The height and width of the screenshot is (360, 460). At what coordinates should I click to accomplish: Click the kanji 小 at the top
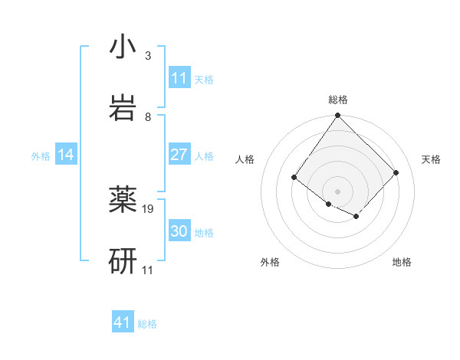(123, 47)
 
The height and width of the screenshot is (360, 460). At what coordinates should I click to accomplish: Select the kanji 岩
(123, 107)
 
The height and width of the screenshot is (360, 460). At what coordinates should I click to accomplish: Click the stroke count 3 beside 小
(147, 56)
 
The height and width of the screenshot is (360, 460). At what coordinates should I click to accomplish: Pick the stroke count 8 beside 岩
(147, 117)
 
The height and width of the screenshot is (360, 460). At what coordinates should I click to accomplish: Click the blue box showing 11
(179, 78)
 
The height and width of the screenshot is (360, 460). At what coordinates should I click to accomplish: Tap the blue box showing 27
(179, 155)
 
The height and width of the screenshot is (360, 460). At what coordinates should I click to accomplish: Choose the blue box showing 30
(179, 231)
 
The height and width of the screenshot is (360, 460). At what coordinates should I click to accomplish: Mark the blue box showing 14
(66, 155)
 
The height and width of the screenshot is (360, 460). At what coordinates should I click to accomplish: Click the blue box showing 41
(123, 322)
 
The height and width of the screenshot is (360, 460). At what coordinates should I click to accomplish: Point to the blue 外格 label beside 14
(41, 155)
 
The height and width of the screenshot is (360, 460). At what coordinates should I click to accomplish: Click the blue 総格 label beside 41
(147, 324)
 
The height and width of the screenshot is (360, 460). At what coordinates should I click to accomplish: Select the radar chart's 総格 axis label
(338, 100)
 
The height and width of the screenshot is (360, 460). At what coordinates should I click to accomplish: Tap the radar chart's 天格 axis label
(431, 159)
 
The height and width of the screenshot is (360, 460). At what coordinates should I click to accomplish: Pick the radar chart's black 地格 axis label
(402, 262)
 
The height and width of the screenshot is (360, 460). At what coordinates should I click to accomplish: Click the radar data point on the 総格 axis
(338, 116)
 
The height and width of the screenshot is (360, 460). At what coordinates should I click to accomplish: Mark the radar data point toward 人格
(294, 178)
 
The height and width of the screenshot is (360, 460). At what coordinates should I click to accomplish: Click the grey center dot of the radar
(338, 191)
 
